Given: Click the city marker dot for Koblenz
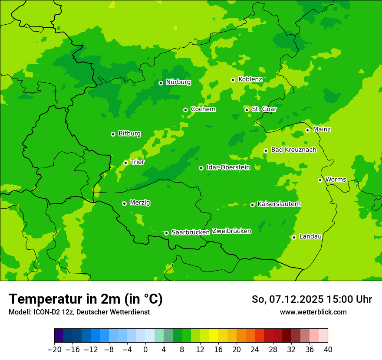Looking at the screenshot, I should pyautogui.click(x=233, y=80).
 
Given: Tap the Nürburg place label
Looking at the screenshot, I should pyautogui.click(x=178, y=82).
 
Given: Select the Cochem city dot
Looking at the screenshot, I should pyautogui.click(x=185, y=110).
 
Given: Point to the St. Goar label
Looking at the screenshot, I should pyautogui.click(x=264, y=109).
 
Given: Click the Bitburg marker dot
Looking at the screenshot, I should pyautogui.click(x=113, y=134).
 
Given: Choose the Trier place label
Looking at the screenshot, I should pyautogui.click(x=138, y=162).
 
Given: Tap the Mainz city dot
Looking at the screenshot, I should pyautogui.click(x=307, y=130).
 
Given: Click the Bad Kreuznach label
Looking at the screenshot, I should pyautogui.click(x=293, y=150).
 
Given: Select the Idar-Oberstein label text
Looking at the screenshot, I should pyautogui.click(x=228, y=167).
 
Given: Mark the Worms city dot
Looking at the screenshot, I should pyautogui.click(x=320, y=180).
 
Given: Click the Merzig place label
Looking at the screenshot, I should pyautogui.click(x=140, y=203).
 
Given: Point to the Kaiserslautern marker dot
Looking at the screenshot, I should pyautogui.click(x=252, y=205).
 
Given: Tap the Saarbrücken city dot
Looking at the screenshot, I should pyautogui.click(x=166, y=233).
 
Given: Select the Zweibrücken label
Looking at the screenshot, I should pyautogui.click(x=231, y=231).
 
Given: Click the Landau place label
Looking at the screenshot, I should pyautogui.click(x=310, y=237).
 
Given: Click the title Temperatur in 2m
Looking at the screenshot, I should pyautogui.click(x=86, y=299).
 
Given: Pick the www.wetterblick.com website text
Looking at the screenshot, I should pyautogui.click(x=313, y=312).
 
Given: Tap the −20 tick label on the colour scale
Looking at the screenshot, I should pyautogui.click(x=54, y=350).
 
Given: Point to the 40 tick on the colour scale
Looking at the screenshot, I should pyautogui.click(x=327, y=350).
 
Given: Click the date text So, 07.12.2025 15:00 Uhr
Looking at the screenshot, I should pyautogui.click(x=312, y=299).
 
